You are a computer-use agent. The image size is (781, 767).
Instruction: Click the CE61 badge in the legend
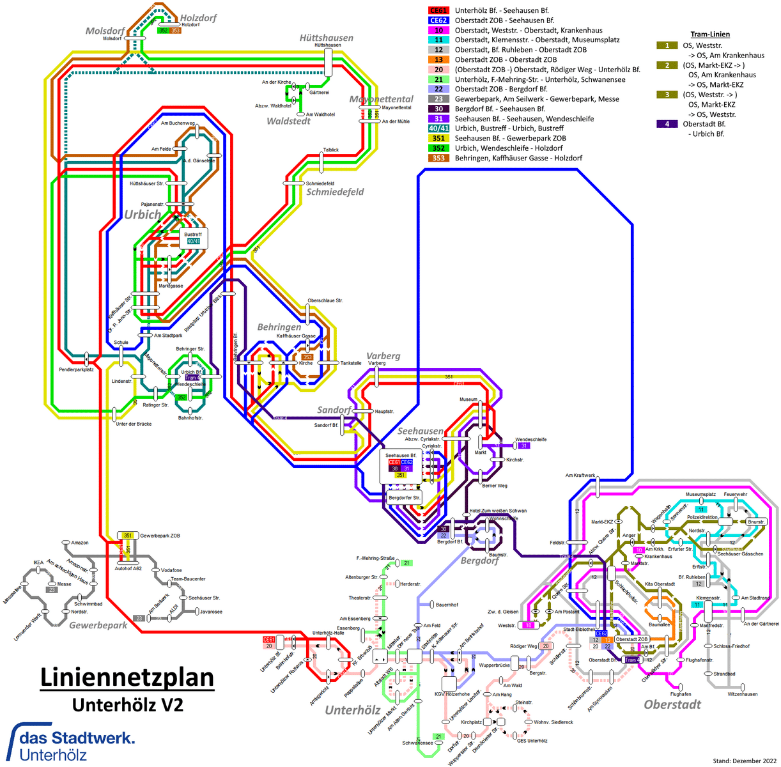pos(438,10)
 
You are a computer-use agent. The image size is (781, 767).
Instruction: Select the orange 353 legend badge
pos(438,158)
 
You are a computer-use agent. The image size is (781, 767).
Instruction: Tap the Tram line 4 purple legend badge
pos(667,124)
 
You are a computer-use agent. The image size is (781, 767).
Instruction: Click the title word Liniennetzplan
pos(127,678)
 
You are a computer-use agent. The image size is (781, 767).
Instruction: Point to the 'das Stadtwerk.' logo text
pos(77,738)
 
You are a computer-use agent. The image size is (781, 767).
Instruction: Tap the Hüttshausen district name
pos(326,38)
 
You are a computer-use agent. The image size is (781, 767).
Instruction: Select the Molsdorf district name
pos(105,31)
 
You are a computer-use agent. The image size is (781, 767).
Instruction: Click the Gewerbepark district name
pos(98,625)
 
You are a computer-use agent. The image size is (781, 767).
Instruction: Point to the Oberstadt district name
pos(672,704)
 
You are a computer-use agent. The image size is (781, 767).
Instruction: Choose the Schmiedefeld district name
pos(335,192)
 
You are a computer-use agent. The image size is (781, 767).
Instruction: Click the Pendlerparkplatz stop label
pos(76,369)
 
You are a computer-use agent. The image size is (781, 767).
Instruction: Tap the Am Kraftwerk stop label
pos(580,476)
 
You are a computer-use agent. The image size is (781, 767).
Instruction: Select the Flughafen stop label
pos(681,694)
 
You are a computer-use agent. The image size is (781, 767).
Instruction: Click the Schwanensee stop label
pos(417,743)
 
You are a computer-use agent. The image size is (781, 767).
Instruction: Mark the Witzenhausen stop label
pos(742,694)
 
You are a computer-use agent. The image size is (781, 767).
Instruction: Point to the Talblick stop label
pos(331,150)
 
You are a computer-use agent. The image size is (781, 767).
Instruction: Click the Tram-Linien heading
pos(710,35)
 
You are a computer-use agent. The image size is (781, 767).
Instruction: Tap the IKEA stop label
pos(38,562)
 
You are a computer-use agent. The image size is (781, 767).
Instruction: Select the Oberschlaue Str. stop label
pos(325,300)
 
